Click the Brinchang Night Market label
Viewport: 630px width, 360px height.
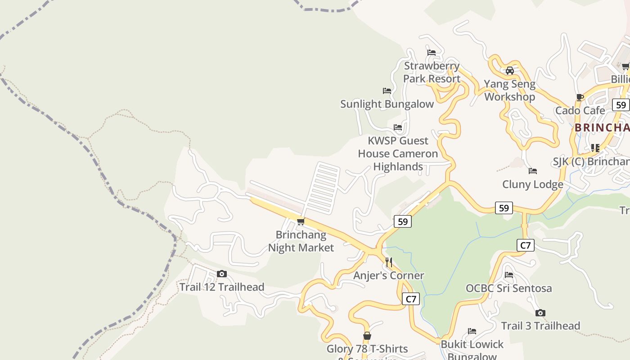pyautogui.click(x=301, y=241)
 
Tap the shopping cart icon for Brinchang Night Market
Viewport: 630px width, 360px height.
pyautogui.click(x=301, y=221)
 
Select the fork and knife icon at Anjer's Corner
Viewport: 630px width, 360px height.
pyautogui.click(x=389, y=262)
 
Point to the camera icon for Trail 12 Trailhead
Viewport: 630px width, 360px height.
pyautogui.click(x=222, y=274)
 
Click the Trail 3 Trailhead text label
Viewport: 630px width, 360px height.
pyautogui.click(x=540, y=326)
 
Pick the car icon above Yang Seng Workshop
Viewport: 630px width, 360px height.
pyautogui.click(x=509, y=71)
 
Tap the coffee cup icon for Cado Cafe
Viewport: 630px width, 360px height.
pyautogui.click(x=580, y=97)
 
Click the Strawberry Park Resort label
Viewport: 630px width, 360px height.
pyautogui.click(x=431, y=72)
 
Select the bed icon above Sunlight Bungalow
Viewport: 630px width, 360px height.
pyautogui.click(x=387, y=91)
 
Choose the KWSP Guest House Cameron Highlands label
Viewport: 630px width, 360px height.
pyautogui.click(x=398, y=153)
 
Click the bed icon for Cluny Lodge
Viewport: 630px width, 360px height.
pyautogui.click(x=533, y=171)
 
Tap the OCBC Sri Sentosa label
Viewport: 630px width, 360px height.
pyautogui.click(x=508, y=288)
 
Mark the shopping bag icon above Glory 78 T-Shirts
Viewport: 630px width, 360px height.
pyautogui.click(x=367, y=336)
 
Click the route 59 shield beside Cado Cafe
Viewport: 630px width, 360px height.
pyautogui.click(x=621, y=105)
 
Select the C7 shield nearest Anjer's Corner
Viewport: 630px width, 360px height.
pyautogui.click(x=411, y=299)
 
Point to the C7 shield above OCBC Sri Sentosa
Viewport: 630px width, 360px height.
pyautogui.click(x=525, y=245)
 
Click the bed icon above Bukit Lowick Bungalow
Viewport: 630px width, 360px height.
pyautogui.click(x=472, y=331)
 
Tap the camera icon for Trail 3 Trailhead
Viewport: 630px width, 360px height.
pyautogui.click(x=540, y=313)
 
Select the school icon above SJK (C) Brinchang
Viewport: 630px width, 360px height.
pyautogui.click(x=595, y=148)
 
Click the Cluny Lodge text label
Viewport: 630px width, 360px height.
pyautogui.click(x=533, y=184)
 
